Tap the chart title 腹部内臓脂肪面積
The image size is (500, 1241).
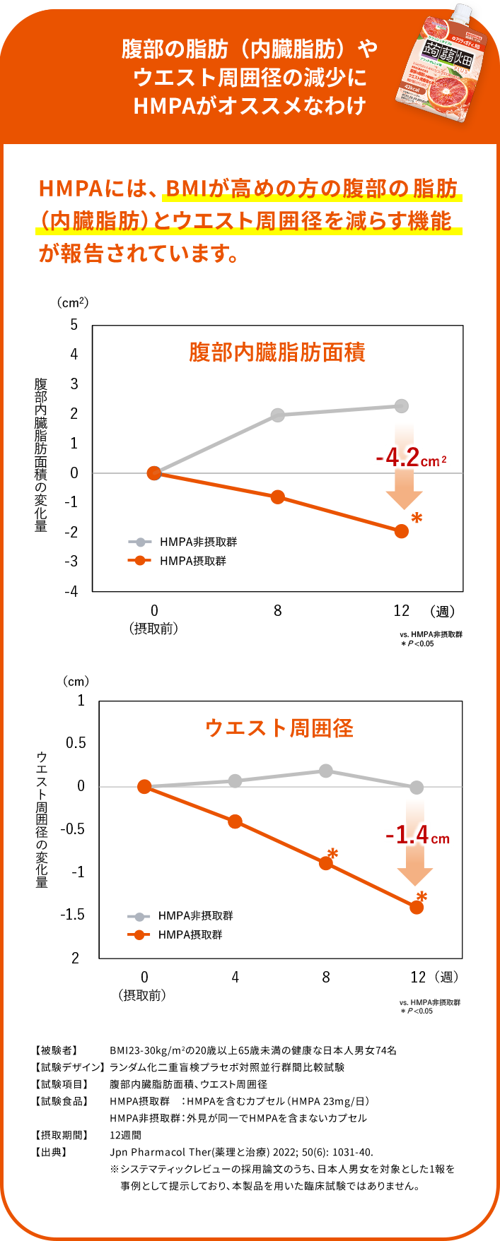pos(277,352)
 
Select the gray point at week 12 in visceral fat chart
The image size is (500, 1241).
pos(401,406)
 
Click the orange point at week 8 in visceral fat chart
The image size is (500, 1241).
pos(277,497)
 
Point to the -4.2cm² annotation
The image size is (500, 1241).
pos(411,458)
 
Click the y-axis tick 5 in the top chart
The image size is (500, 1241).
pos(74,325)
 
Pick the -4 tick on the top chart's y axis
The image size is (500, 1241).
pos(71,591)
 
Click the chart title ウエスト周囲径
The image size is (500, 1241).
pos(279,728)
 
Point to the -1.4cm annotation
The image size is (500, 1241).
pos(417,836)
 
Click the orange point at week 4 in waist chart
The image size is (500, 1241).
pos(235,821)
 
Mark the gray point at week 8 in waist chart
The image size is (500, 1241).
pos(325,771)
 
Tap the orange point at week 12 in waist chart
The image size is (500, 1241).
pos(417,907)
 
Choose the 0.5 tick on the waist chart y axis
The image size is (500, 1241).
pos(76,743)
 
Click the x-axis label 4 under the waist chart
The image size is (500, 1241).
pos(235,977)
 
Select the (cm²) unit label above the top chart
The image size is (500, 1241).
pos(73,302)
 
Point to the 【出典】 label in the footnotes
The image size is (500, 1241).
pos(52,1152)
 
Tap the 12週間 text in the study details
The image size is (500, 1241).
pos(125,1135)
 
